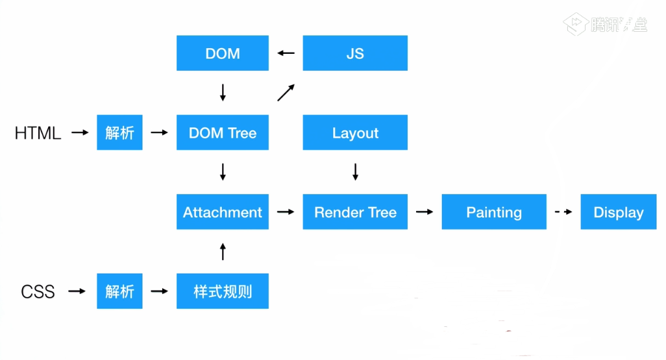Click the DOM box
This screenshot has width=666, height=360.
click(x=223, y=53)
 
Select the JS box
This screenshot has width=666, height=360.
click(x=355, y=53)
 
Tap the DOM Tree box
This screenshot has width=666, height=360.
click(x=223, y=132)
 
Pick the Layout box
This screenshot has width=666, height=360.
click(x=355, y=132)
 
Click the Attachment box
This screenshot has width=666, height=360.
click(x=223, y=212)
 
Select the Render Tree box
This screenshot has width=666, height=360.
click(x=355, y=212)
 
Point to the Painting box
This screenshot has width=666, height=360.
click(x=494, y=212)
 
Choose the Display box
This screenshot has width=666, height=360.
click(x=619, y=212)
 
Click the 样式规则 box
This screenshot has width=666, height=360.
click(x=223, y=291)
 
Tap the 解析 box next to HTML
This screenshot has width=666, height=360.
click(x=120, y=132)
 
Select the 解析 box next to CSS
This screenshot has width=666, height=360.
click(x=120, y=291)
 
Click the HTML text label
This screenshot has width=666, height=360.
click(x=38, y=134)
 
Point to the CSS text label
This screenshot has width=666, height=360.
click(x=38, y=292)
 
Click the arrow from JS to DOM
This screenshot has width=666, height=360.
click(x=286, y=53)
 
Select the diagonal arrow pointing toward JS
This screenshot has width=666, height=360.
click(x=286, y=93)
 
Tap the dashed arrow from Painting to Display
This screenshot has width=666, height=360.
click(x=563, y=212)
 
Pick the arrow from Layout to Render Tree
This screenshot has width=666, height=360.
click(x=355, y=172)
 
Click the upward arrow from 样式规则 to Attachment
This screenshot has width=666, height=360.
click(x=223, y=251)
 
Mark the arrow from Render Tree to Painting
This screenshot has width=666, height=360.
click(x=425, y=212)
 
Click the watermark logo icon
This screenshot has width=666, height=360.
click(x=576, y=24)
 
